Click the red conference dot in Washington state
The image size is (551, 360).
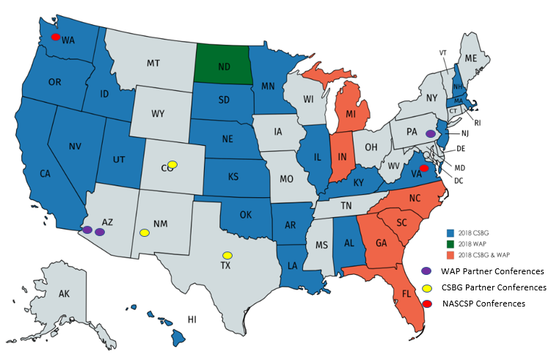pos(55,36)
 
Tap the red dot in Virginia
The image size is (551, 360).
pos(423,168)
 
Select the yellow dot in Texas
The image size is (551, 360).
pos(227,255)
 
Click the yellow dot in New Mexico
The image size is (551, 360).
pos(145,232)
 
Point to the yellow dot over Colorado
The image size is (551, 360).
pos(172,164)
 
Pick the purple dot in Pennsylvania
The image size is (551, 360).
pos(430,133)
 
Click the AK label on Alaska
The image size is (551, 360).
pos(64,293)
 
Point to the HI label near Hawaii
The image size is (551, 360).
pos(192,319)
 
